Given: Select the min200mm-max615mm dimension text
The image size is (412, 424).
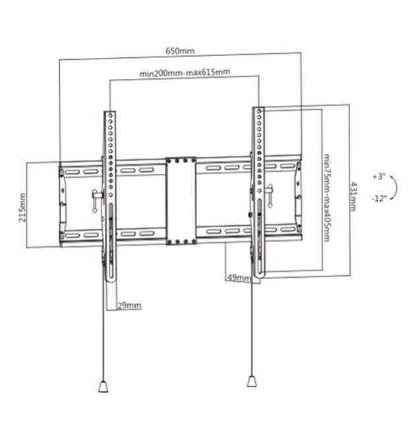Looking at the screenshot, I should point(184,73).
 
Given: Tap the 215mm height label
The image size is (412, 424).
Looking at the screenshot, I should point(23,207).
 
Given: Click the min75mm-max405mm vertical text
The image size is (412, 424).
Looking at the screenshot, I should point(326,198).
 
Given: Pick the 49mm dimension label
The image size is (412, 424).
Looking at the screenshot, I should point(238,278).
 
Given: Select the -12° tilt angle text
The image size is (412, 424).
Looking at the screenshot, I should point(378,198).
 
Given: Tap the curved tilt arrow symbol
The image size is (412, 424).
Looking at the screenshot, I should point(393,188).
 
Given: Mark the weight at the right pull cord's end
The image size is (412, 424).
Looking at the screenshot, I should point(251,381).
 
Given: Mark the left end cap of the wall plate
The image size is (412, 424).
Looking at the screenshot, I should point(62,204).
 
